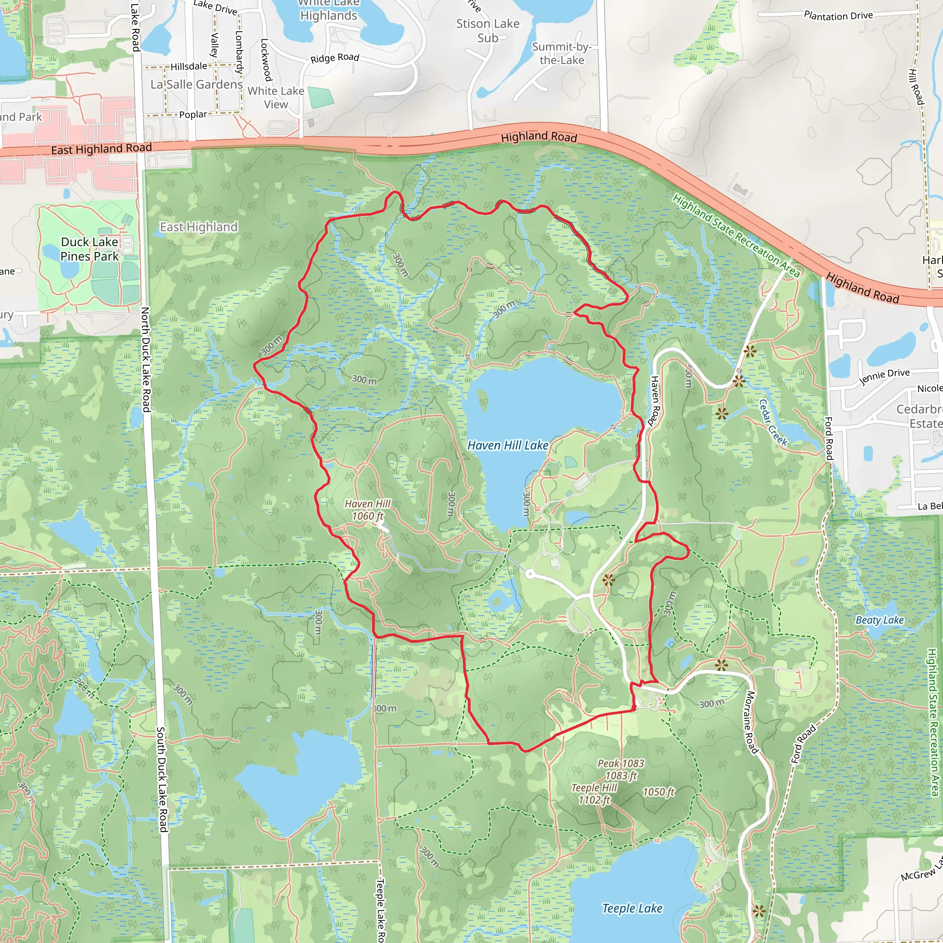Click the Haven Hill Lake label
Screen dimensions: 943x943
point(507,445)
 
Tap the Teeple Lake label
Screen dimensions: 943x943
point(632,908)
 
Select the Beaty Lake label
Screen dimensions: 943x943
point(879,620)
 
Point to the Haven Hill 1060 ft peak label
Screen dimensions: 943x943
point(367,510)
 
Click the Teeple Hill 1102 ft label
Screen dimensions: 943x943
point(594,794)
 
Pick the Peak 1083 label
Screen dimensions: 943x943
point(621,769)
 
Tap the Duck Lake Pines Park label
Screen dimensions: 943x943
point(89,249)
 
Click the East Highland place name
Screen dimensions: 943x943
point(198,227)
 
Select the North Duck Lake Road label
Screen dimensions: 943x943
point(146,359)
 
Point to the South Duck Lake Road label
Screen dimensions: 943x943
point(162,779)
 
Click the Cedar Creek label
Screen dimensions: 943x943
point(773,423)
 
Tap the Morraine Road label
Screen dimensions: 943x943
point(751,722)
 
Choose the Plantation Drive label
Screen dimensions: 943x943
point(838,16)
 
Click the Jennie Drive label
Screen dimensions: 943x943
point(885,376)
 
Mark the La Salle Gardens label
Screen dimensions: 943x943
point(196,84)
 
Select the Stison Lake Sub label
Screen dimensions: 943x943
point(488,31)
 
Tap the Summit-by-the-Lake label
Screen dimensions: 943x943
point(561,53)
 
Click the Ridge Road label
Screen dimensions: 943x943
point(335,58)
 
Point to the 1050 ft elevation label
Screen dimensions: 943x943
point(658,792)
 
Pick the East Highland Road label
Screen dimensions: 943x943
point(101,149)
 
